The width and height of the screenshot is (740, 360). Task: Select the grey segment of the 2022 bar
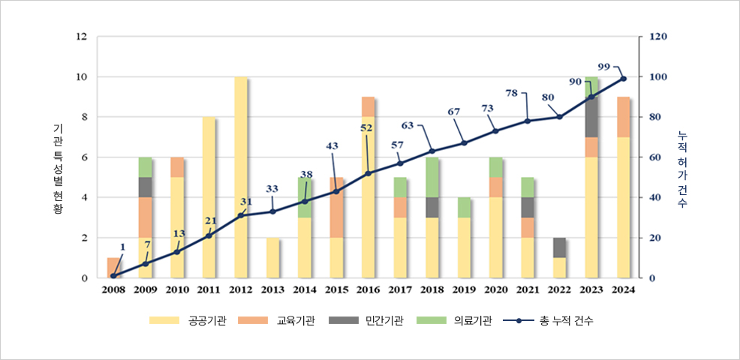click(560, 247)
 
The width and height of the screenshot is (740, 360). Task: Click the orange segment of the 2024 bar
click(624, 117)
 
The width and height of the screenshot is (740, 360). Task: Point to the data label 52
click(366, 128)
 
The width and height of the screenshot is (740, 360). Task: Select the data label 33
click(272, 188)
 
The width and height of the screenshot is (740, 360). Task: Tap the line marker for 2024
click(624, 79)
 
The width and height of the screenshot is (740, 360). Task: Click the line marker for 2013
click(272, 211)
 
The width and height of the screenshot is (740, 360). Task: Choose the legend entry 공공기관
click(188, 321)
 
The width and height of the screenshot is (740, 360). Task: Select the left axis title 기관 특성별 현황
click(58, 169)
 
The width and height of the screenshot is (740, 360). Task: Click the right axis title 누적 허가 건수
click(681, 169)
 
